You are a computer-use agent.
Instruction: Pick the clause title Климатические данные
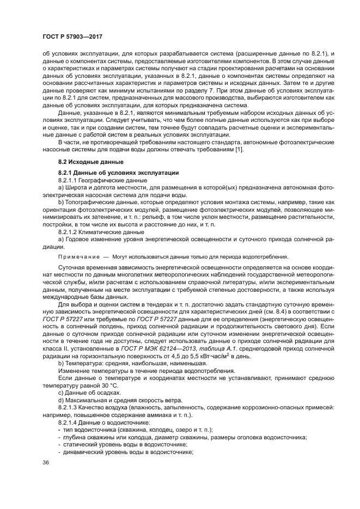click(111, 230)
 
